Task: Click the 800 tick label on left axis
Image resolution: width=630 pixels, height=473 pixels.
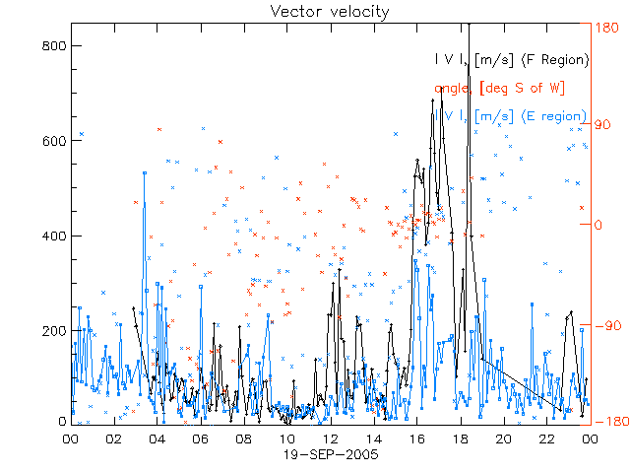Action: [x=54, y=44]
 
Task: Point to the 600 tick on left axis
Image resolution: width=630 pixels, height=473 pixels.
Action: [x=54, y=140]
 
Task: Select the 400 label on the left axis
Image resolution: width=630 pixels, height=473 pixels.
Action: [x=54, y=236]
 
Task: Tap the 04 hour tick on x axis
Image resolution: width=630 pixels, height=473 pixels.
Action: [x=157, y=440]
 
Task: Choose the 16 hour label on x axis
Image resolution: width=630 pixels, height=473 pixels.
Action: [x=416, y=440]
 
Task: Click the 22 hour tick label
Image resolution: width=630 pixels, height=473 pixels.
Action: [x=546, y=440]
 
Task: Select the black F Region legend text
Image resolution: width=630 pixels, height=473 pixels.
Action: [x=512, y=60]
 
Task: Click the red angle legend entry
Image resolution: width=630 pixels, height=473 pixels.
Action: [x=499, y=89]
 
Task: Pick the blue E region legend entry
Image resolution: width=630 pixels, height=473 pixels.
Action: [x=516, y=116]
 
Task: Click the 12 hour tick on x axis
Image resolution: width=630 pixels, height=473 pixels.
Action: [x=330, y=440]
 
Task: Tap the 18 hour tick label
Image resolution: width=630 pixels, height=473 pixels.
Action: [x=460, y=440]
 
